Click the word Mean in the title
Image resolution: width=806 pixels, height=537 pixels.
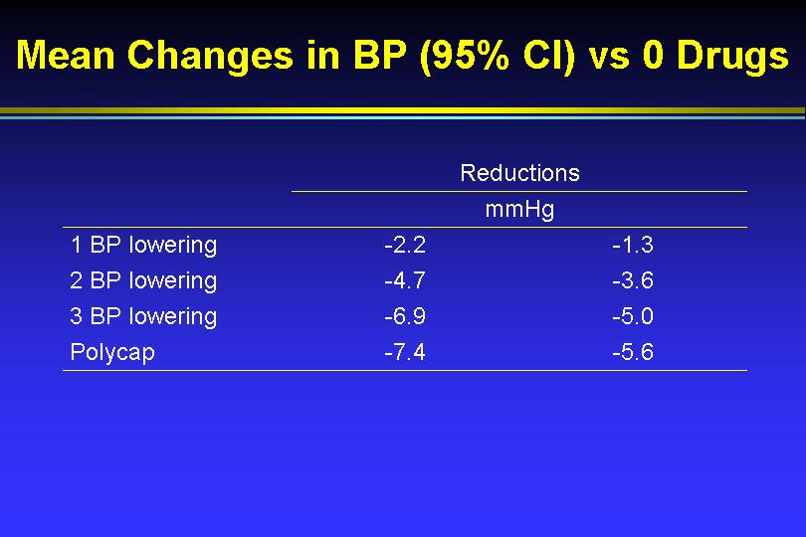[x=66, y=55]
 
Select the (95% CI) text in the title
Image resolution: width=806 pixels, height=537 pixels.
[x=498, y=56]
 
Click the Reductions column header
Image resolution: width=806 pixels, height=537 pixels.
[x=519, y=173]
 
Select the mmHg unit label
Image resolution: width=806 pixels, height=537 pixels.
[x=519, y=210]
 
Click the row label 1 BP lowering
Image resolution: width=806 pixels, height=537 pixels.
[x=143, y=246]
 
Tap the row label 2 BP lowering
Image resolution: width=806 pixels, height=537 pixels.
[x=143, y=281]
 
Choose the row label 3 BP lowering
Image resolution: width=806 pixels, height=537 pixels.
[x=143, y=317]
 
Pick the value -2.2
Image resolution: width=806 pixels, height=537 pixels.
[x=405, y=245]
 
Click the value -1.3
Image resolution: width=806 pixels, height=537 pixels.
[x=633, y=245]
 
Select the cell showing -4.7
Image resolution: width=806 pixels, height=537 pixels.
[x=405, y=281]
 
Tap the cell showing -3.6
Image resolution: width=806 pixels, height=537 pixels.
[x=633, y=281]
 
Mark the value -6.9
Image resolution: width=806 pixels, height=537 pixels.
[x=405, y=316]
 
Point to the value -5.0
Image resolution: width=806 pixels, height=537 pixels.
[x=633, y=316]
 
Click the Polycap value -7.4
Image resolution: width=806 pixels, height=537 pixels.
[x=405, y=352]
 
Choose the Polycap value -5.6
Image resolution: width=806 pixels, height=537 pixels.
[x=633, y=352]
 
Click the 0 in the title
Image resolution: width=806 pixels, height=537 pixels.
[x=654, y=55]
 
